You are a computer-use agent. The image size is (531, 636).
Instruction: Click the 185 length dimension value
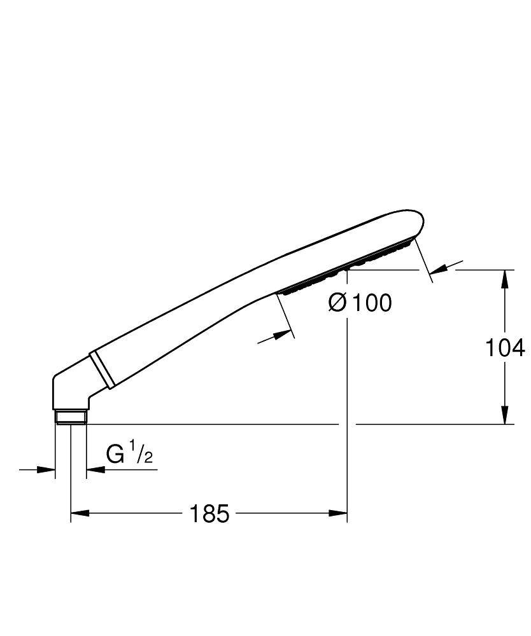[x=209, y=513]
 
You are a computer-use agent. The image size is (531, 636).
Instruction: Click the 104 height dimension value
[x=504, y=347]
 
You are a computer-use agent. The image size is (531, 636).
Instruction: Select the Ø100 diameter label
[x=360, y=303]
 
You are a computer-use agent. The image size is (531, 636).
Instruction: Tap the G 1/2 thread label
[x=130, y=455]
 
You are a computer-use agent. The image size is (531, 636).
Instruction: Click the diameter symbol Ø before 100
[x=337, y=303]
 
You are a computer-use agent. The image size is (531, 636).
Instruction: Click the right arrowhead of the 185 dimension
[x=338, y=513]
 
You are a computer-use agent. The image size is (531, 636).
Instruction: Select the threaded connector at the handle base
[x=70, y=417]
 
